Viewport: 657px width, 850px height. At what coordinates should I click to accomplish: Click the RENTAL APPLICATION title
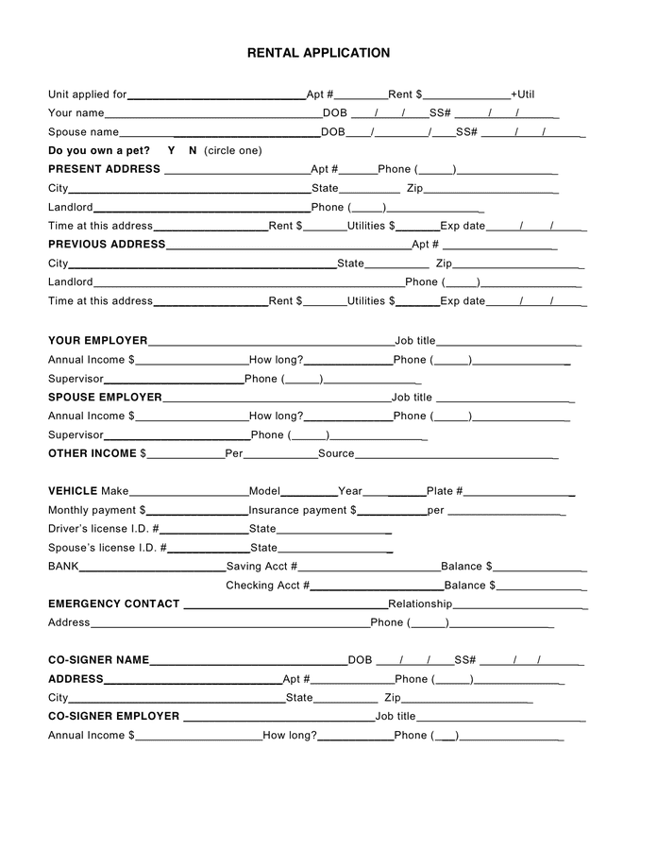pyautogui.click(x=318, y=54)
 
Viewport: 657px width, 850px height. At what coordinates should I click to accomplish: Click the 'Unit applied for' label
pyautogui.click(x=87, y=94)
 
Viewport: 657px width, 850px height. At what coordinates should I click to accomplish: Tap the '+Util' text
pyautogui.click(x=523, y=94)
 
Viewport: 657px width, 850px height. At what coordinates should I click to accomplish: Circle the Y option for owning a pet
pyautogui.click(x=172, y=151)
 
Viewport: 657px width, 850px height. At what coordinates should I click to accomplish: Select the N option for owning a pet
pyautogui.click(x=193, y=151)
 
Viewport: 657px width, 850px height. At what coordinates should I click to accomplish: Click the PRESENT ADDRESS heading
pyautogui.click(x=104, y=170)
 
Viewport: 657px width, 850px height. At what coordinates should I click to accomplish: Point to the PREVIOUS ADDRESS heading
pyautogui.click(x=107, y=245)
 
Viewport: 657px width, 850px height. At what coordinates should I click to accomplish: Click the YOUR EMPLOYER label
pyautogui.click(x=97, y=341)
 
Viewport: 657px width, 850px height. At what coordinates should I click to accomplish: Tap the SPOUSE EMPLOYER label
pyautogui.click(x=105, y=398)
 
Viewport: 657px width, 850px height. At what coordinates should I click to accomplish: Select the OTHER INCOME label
pyautogui.click(x=93, y=454)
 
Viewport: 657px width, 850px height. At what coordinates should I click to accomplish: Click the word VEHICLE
pyautogui.click(x=73, y=491)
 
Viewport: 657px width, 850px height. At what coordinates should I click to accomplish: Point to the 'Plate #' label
pyautogui.click(x=445, y=491)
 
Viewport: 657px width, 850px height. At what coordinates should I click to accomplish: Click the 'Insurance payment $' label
pyautogui.click(x=302, y=510)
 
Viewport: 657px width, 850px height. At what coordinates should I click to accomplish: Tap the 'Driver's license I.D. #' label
pyautogui.click(x=103, y=529)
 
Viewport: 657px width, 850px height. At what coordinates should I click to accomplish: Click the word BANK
pyautogui.click(x=63, y=567)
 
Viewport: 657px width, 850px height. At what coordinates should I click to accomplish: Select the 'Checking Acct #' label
pyautogui.click(x=267, y=586)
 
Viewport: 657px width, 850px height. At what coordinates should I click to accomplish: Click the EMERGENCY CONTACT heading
pyautogui.click(x=113, y=604)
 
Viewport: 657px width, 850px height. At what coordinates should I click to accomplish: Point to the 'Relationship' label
pyautogui.click(x=420, y=604)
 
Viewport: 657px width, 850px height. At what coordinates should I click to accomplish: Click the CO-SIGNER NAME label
pyautogui.click(x=98, y=660)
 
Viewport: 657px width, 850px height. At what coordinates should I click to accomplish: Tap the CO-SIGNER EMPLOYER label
pyautogui.click(x=113, y=717)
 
